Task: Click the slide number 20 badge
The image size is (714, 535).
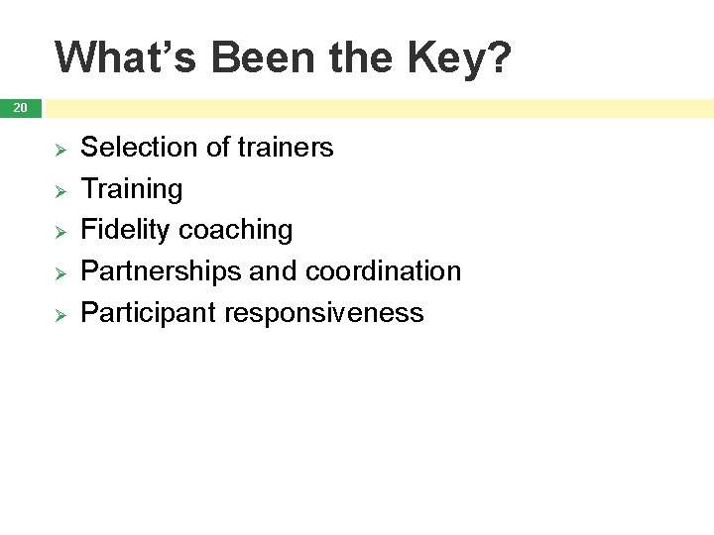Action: pyautogui.click(x=20, y=107)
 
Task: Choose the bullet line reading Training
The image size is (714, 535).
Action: pyautogui.click(x=131, y=189)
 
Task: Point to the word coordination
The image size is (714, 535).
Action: pyautogui.click(x=383, y=271)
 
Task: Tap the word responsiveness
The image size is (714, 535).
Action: pyautogui.click(x=324, y=313)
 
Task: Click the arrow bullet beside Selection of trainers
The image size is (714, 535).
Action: pyautogui.click(x=59, y=149)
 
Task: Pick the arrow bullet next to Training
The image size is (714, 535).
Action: pyautogui.click(x=59, y=190)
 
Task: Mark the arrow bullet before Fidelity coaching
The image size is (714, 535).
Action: pyautogui.click(x=59, y=231)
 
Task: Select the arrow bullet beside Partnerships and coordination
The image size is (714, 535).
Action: pyautogui.click(x=59, y=272)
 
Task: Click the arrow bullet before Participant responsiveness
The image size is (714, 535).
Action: pyautogui.click(x=59, y=314)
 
